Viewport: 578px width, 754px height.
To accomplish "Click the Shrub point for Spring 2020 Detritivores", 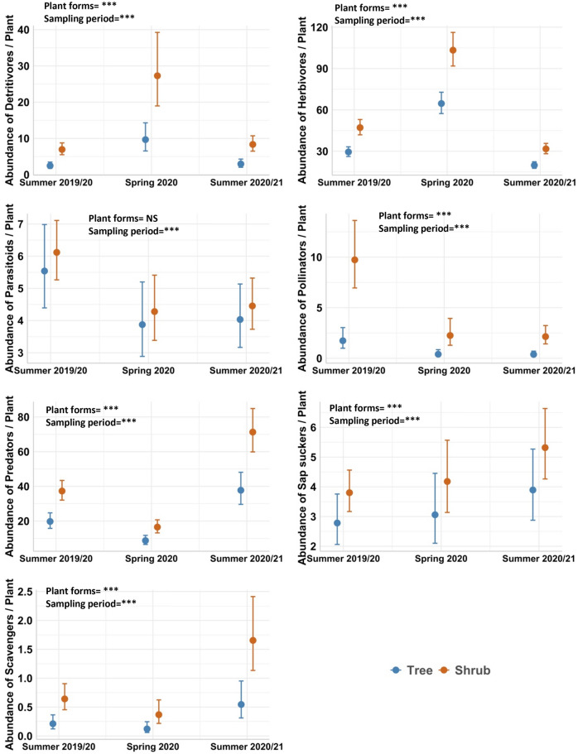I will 157,76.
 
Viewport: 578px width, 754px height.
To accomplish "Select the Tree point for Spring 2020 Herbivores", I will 441,103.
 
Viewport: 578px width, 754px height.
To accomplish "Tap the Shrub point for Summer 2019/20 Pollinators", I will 354,260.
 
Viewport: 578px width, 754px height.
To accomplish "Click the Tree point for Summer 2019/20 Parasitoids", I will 45,271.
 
